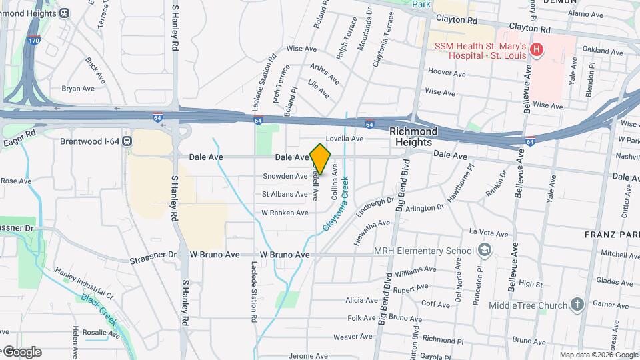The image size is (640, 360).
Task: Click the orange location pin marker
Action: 320,159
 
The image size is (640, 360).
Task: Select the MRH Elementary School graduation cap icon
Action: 485,251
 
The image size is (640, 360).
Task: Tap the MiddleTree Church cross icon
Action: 577,305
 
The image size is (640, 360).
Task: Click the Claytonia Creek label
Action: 337,203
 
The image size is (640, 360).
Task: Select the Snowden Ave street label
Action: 285,176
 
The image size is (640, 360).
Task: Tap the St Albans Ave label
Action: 284,195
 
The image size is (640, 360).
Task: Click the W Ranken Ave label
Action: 285,213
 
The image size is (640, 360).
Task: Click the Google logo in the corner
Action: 21,352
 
